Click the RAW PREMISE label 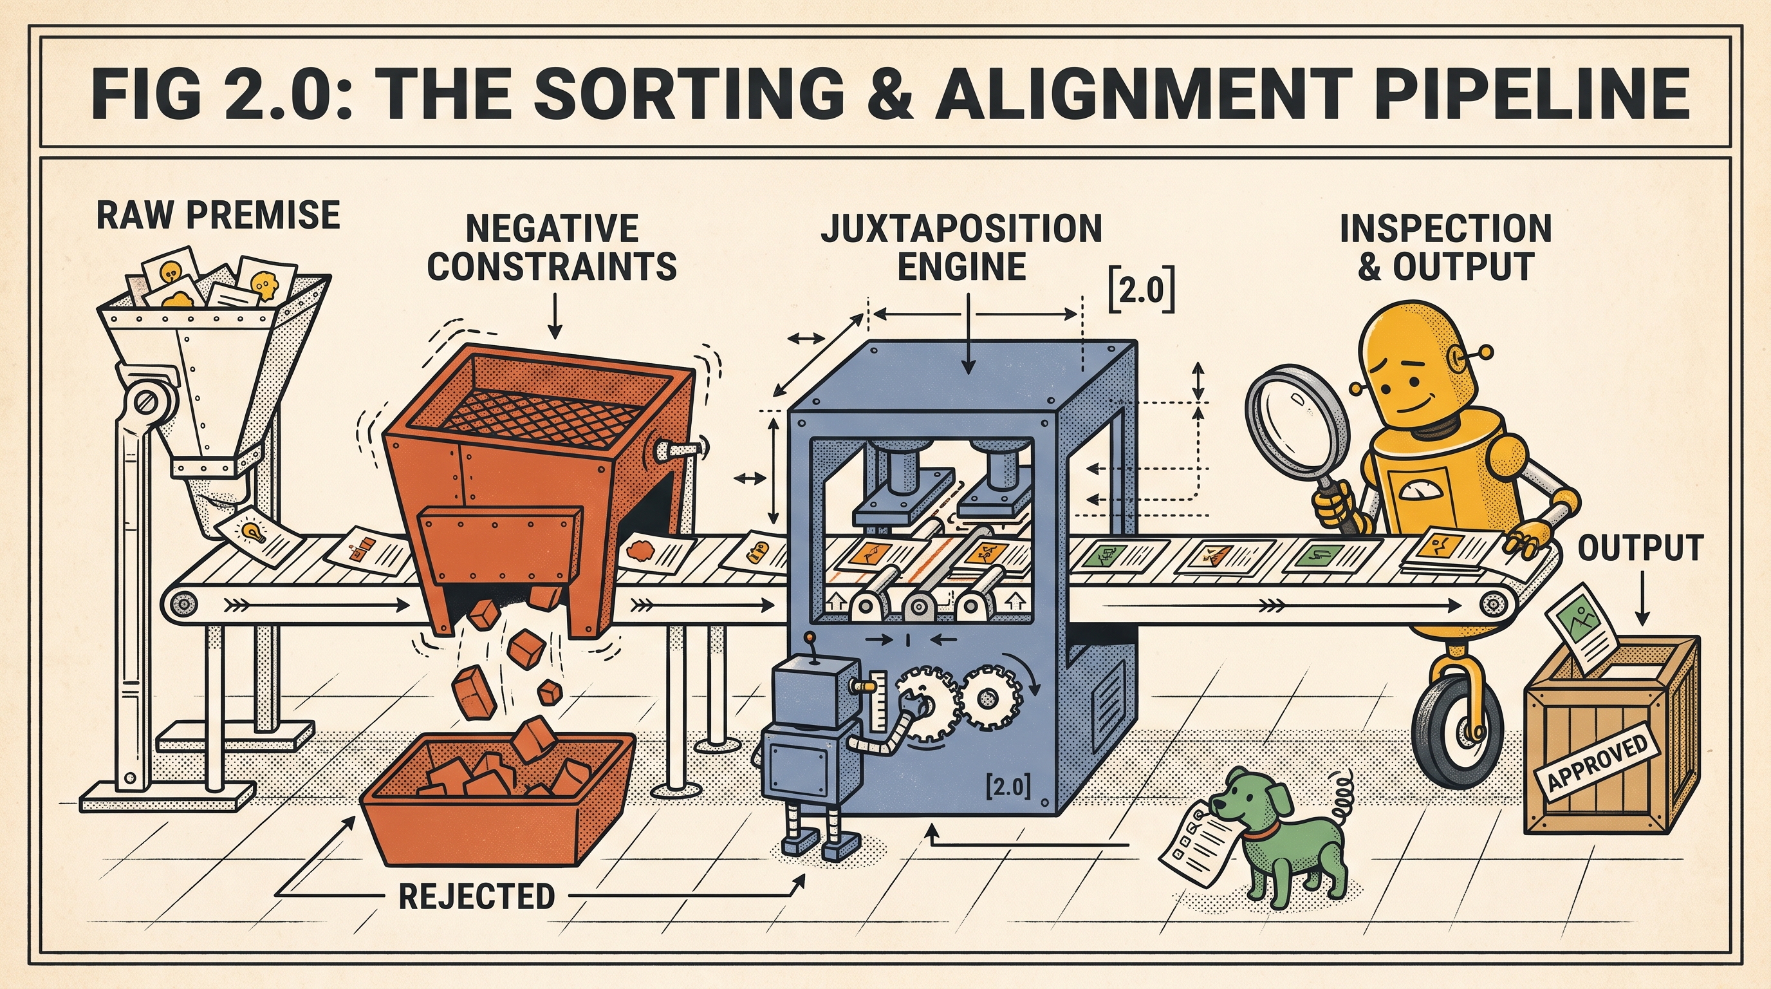click(x=218, y=215)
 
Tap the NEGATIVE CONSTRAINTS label click(x=552, y=248)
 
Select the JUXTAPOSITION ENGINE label click(x=962, y=248)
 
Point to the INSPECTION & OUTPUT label click(x=1446, y=248)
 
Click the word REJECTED click(x=477, y=896)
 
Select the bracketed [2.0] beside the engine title click(x=1142, y=293)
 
